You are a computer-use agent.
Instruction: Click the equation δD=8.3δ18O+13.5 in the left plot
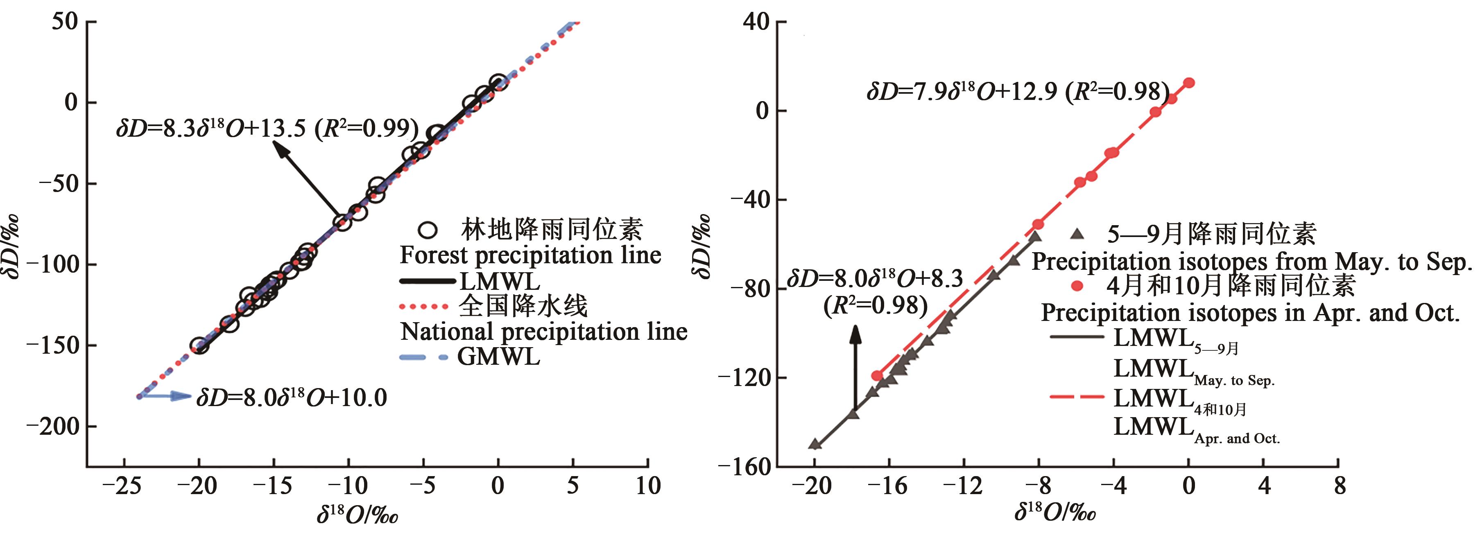click(x=267, y=128)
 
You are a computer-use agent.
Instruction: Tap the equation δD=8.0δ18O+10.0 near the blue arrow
click(x=291, y=397)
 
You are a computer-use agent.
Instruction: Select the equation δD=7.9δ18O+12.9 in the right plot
click(x=1018, y=91)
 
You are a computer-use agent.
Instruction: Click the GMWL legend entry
click(x=498, y=357)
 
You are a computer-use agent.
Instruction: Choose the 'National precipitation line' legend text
click(x=543, y=332)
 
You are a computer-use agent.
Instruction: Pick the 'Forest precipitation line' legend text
click(x=530, y=255)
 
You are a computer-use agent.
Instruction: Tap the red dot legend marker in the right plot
click(x=1078, y=285)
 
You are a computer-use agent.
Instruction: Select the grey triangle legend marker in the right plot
click(x=1078, y=234)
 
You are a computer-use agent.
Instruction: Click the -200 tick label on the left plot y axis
click(x=53, y=426)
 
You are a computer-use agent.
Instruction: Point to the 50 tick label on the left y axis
click(x=64, y=22)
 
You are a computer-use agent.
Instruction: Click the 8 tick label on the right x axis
click(x=1339, y=486)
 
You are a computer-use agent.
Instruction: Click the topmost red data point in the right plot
click(x=1189, y=83)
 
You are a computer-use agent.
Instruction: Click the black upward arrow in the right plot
click(x=855, y=368)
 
